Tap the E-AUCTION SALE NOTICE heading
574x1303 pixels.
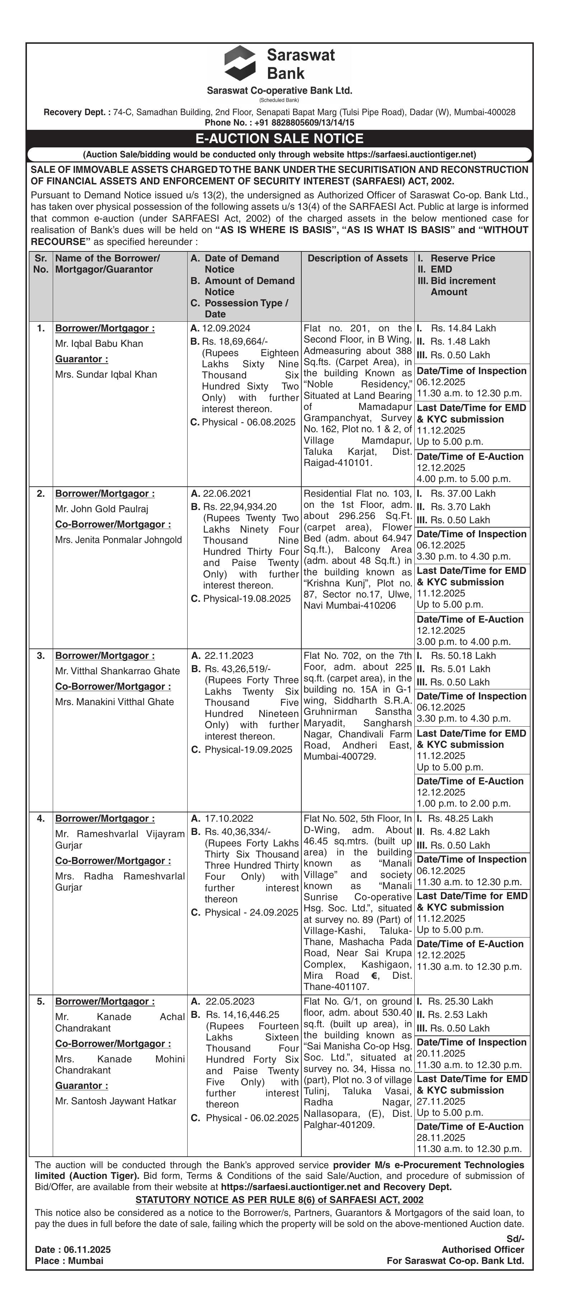click(279, 138)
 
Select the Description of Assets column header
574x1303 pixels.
click(357, 258)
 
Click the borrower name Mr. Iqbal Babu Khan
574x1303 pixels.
click(99, 344)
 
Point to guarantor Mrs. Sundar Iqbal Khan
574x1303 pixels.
click(106, 374)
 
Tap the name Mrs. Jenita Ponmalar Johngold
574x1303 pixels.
click(118, 540)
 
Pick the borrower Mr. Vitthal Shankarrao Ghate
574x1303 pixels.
click(117, 671)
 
